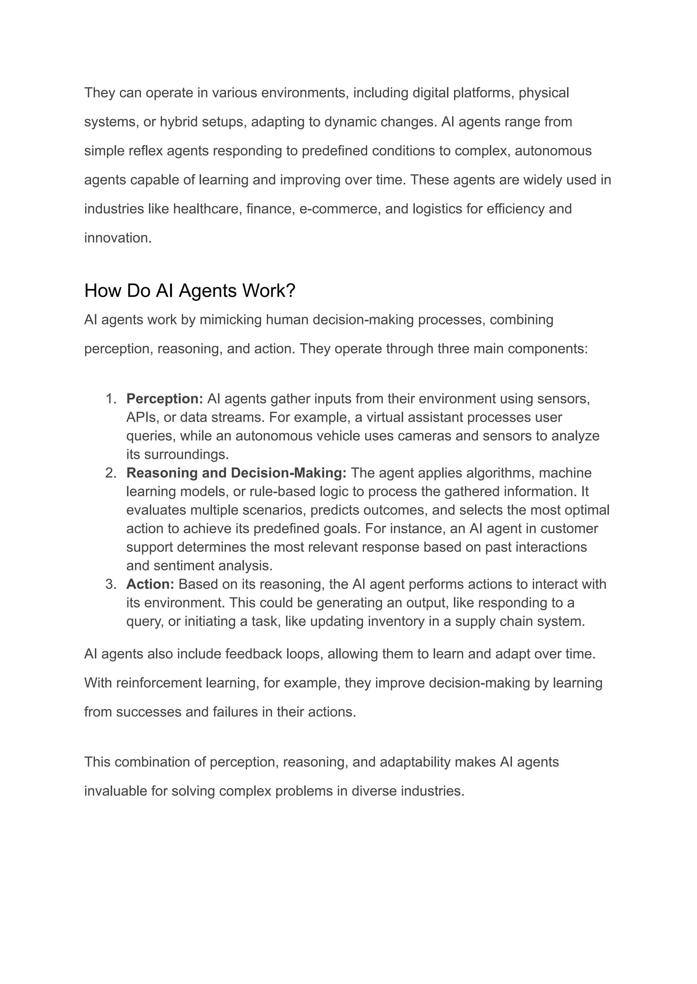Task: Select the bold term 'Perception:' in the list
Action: [x=164, y=399]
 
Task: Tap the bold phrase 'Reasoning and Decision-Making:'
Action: [x=236, y=473]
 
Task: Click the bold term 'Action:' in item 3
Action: [x=150, y=584]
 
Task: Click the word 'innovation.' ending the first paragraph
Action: [x=118, y=238]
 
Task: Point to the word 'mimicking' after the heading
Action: [x=230, y=320]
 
